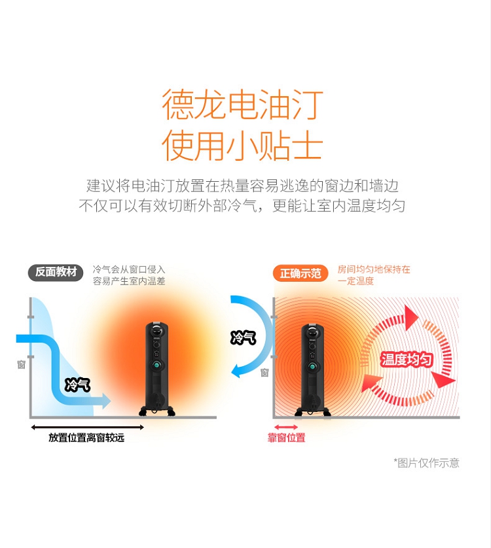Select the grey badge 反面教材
pos(56,272)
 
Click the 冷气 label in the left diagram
pos(77,385)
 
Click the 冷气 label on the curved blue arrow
pos(243,337)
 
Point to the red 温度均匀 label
pos(407,359)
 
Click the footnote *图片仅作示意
pos(426,463)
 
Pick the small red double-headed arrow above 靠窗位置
pos(286,427)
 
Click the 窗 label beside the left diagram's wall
pos(21,364)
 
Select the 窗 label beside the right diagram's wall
pos(264,373)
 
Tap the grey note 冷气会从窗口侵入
pos(129,269)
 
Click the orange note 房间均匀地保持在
pos(374,269)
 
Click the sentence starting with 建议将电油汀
pos(242,186)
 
